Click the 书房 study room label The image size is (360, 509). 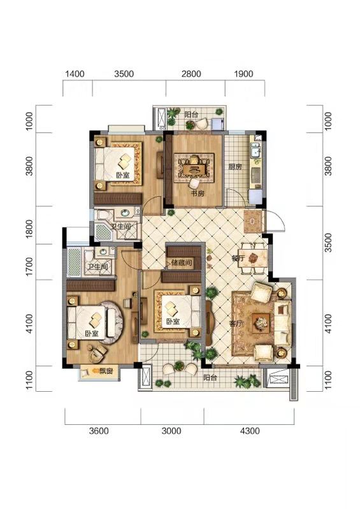point(197,194)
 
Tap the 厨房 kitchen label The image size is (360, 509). point(235,167)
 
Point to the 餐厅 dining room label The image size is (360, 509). point(238,259)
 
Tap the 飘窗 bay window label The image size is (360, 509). point(106,371)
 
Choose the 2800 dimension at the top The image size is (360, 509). point(191,74)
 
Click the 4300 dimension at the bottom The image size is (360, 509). point(250,431)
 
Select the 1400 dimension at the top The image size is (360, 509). point(75,74)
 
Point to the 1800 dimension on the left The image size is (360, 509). point(29,229)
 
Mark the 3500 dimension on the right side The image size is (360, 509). point(328,243)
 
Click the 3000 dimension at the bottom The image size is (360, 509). point(171,431)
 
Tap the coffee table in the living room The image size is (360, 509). point(261,323)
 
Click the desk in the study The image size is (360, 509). point(195,169)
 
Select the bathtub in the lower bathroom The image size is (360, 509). point(75,262)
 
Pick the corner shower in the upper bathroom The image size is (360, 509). point(103,231)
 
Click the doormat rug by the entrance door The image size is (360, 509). point(252,222)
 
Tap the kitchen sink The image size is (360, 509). point(256,151)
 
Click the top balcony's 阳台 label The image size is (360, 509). point(191,115)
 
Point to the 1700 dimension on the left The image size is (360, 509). point(29,266)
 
